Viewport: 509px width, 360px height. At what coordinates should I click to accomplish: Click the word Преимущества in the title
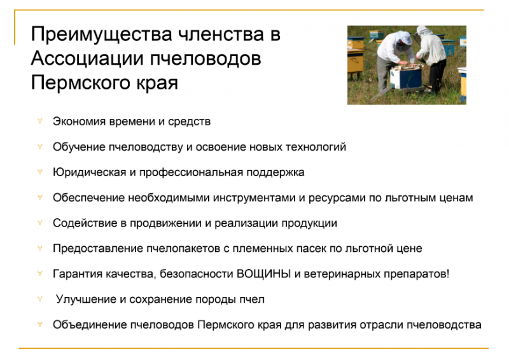point(101,35)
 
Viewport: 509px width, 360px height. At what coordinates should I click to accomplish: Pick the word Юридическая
point(89,172)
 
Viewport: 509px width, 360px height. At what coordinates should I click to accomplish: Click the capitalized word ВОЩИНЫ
point(263,273)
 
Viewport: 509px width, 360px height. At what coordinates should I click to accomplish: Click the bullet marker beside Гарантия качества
point(40,273)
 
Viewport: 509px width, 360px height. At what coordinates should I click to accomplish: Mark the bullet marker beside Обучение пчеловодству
point(40,146)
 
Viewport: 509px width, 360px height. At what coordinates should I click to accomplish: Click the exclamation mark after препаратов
point(448,273)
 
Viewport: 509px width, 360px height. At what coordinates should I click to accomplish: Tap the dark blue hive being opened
point(407,77)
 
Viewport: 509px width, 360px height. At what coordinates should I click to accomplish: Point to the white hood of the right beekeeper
point(424,32)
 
